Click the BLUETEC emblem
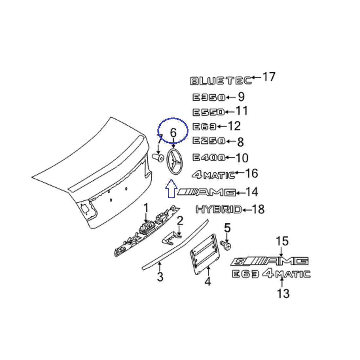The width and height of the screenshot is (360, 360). click(221, 81)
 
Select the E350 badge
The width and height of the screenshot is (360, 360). click(208, 97)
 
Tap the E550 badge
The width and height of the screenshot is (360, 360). click(208, 112)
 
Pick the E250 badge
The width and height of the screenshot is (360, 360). click(208, 141)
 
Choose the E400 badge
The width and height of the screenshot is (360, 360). click(208, 157)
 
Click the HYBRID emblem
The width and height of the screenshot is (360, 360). click(219, 209)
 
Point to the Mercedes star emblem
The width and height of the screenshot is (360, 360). click(173, 162)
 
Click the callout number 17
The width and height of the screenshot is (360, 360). click(269, 77)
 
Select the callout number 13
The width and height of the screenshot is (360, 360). click(283, 293)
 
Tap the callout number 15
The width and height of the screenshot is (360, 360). click(282, 241)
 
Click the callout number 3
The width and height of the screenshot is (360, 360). click(160, 277)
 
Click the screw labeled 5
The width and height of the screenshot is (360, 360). click(226, 245)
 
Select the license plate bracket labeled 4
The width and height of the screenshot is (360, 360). click(203, 252)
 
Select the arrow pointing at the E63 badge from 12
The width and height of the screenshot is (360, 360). click(222, 126)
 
